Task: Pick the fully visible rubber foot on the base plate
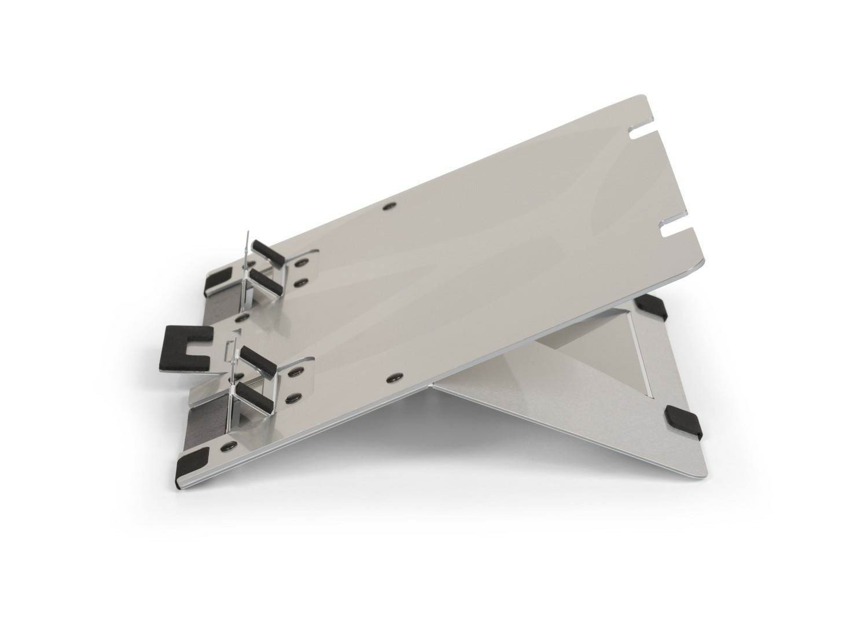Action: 683,419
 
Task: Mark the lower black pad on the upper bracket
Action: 267,283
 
